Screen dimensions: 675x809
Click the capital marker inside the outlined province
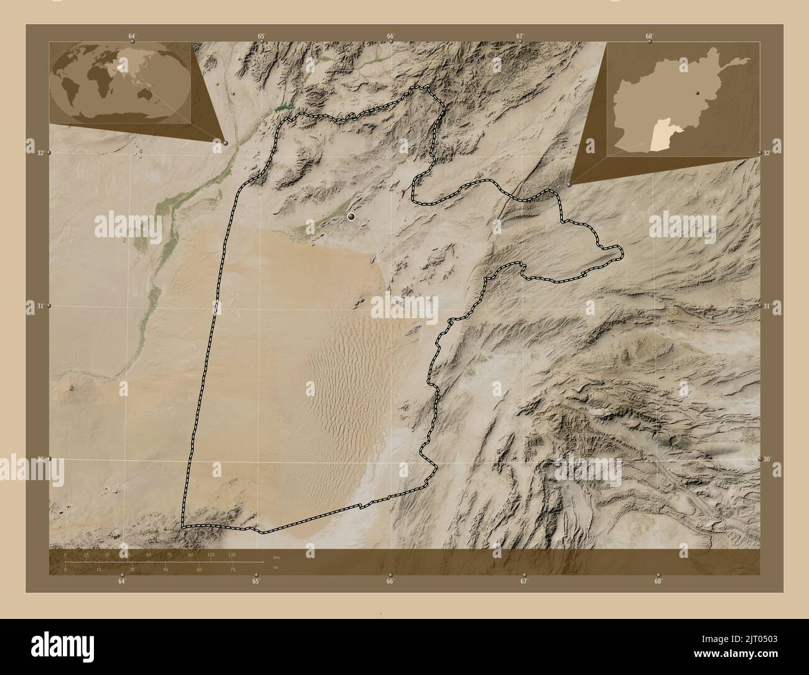pos(352,217)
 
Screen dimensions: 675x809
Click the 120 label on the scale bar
pos(231,554)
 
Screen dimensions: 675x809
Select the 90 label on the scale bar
pos(190,554)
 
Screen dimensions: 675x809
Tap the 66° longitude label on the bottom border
pos(390,582)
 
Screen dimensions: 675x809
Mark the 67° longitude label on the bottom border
pos(524,582)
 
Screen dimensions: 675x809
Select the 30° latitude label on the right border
pos(769,459)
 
